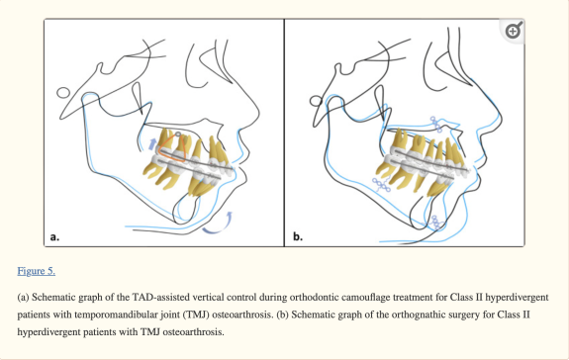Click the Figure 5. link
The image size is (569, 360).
pos(37,271)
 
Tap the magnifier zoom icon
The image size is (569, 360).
pos(514,31)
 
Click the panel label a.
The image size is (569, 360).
pos(54,237)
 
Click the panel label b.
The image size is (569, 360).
pos(298,236)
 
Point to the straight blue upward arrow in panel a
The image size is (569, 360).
pos(152,144)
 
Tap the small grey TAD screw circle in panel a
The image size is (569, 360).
pos(178,135)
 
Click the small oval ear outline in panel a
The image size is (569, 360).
pos(63,93)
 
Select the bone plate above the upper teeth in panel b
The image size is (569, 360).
pos(436,125)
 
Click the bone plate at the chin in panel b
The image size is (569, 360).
pos(436,222)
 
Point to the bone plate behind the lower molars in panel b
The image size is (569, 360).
pos(381,185)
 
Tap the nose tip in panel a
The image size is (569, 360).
pos(258,113)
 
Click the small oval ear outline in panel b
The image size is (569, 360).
pos(316,101)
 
